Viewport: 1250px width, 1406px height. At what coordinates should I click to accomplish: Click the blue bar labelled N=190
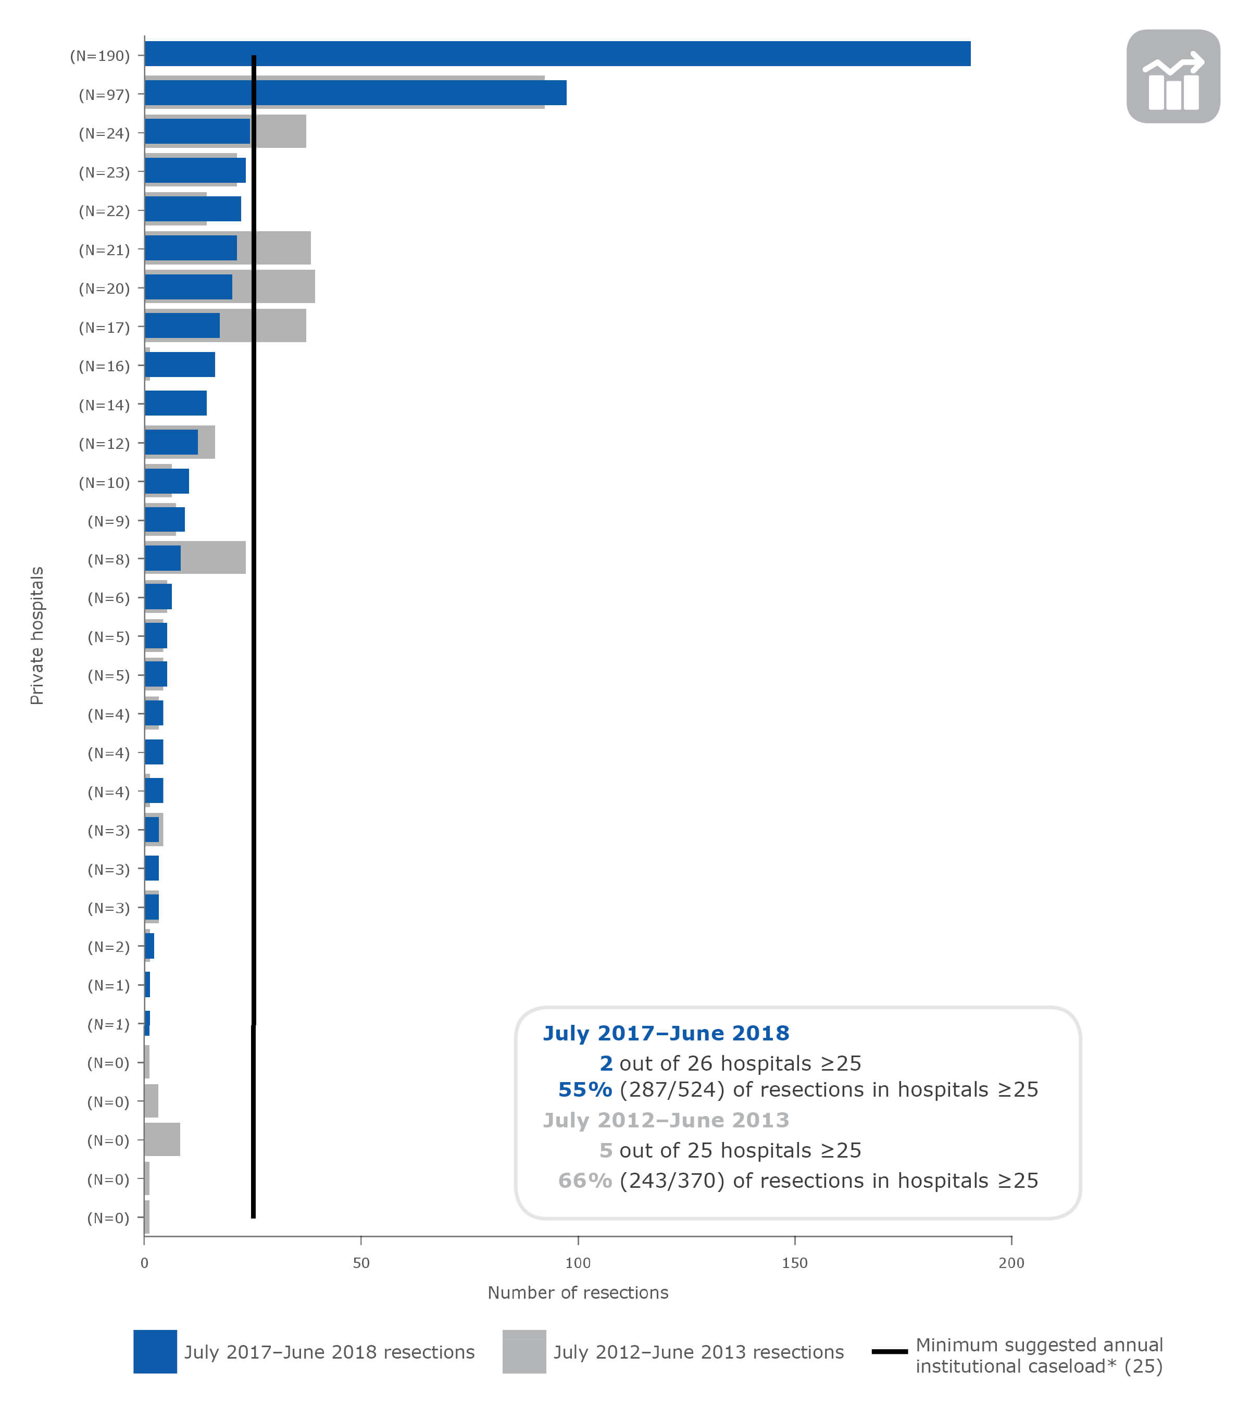[x=557, y=54]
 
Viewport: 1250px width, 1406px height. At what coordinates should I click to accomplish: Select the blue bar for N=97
[x=356, y=93]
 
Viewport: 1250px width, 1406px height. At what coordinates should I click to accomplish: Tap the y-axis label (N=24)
[x=104, y=133]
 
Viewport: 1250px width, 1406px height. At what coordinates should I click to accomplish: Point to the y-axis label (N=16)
[x=104, y=366]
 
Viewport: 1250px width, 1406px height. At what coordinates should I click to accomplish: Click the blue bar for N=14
[x=176, y=403]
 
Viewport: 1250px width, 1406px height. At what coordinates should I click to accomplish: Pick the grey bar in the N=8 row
[x=213, y=558]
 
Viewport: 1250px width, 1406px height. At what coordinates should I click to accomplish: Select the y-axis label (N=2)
[x=108, y=947]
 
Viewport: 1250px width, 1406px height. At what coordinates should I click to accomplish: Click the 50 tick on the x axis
[x=361, y=1263]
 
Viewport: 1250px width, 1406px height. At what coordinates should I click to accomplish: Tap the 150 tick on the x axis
[x=795, y=1263]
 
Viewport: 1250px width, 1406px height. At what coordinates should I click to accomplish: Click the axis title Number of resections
[x=578, y=1292]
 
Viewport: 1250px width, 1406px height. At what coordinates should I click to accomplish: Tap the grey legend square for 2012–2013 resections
[x=524, y=1352]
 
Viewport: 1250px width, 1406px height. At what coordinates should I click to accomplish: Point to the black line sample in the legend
[x=889, y=1352]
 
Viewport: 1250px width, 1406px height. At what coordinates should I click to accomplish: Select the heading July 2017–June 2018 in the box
[x=666, y=1033]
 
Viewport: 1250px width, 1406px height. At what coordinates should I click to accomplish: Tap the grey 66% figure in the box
[x=585, y=1181]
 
